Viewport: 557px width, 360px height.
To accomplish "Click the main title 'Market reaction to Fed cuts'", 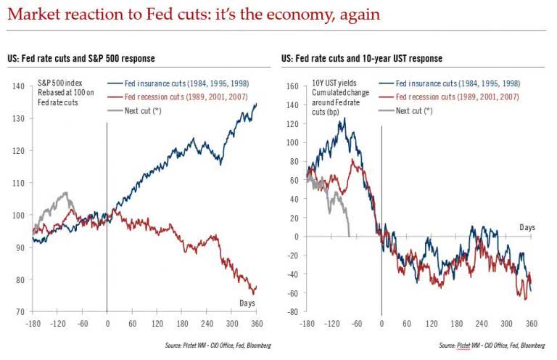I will pyautogui.click(x=195, y=15).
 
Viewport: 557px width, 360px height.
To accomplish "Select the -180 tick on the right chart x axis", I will pyautogui.click(x=307, y=323).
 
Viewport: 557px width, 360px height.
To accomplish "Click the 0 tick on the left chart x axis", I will pyautogui.click(x=107, y=323).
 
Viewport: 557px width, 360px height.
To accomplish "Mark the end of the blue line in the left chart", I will pyautogui.click(x=256, y=104).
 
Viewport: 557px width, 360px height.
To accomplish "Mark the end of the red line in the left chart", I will pyautogui.click(x=256, y=287).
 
